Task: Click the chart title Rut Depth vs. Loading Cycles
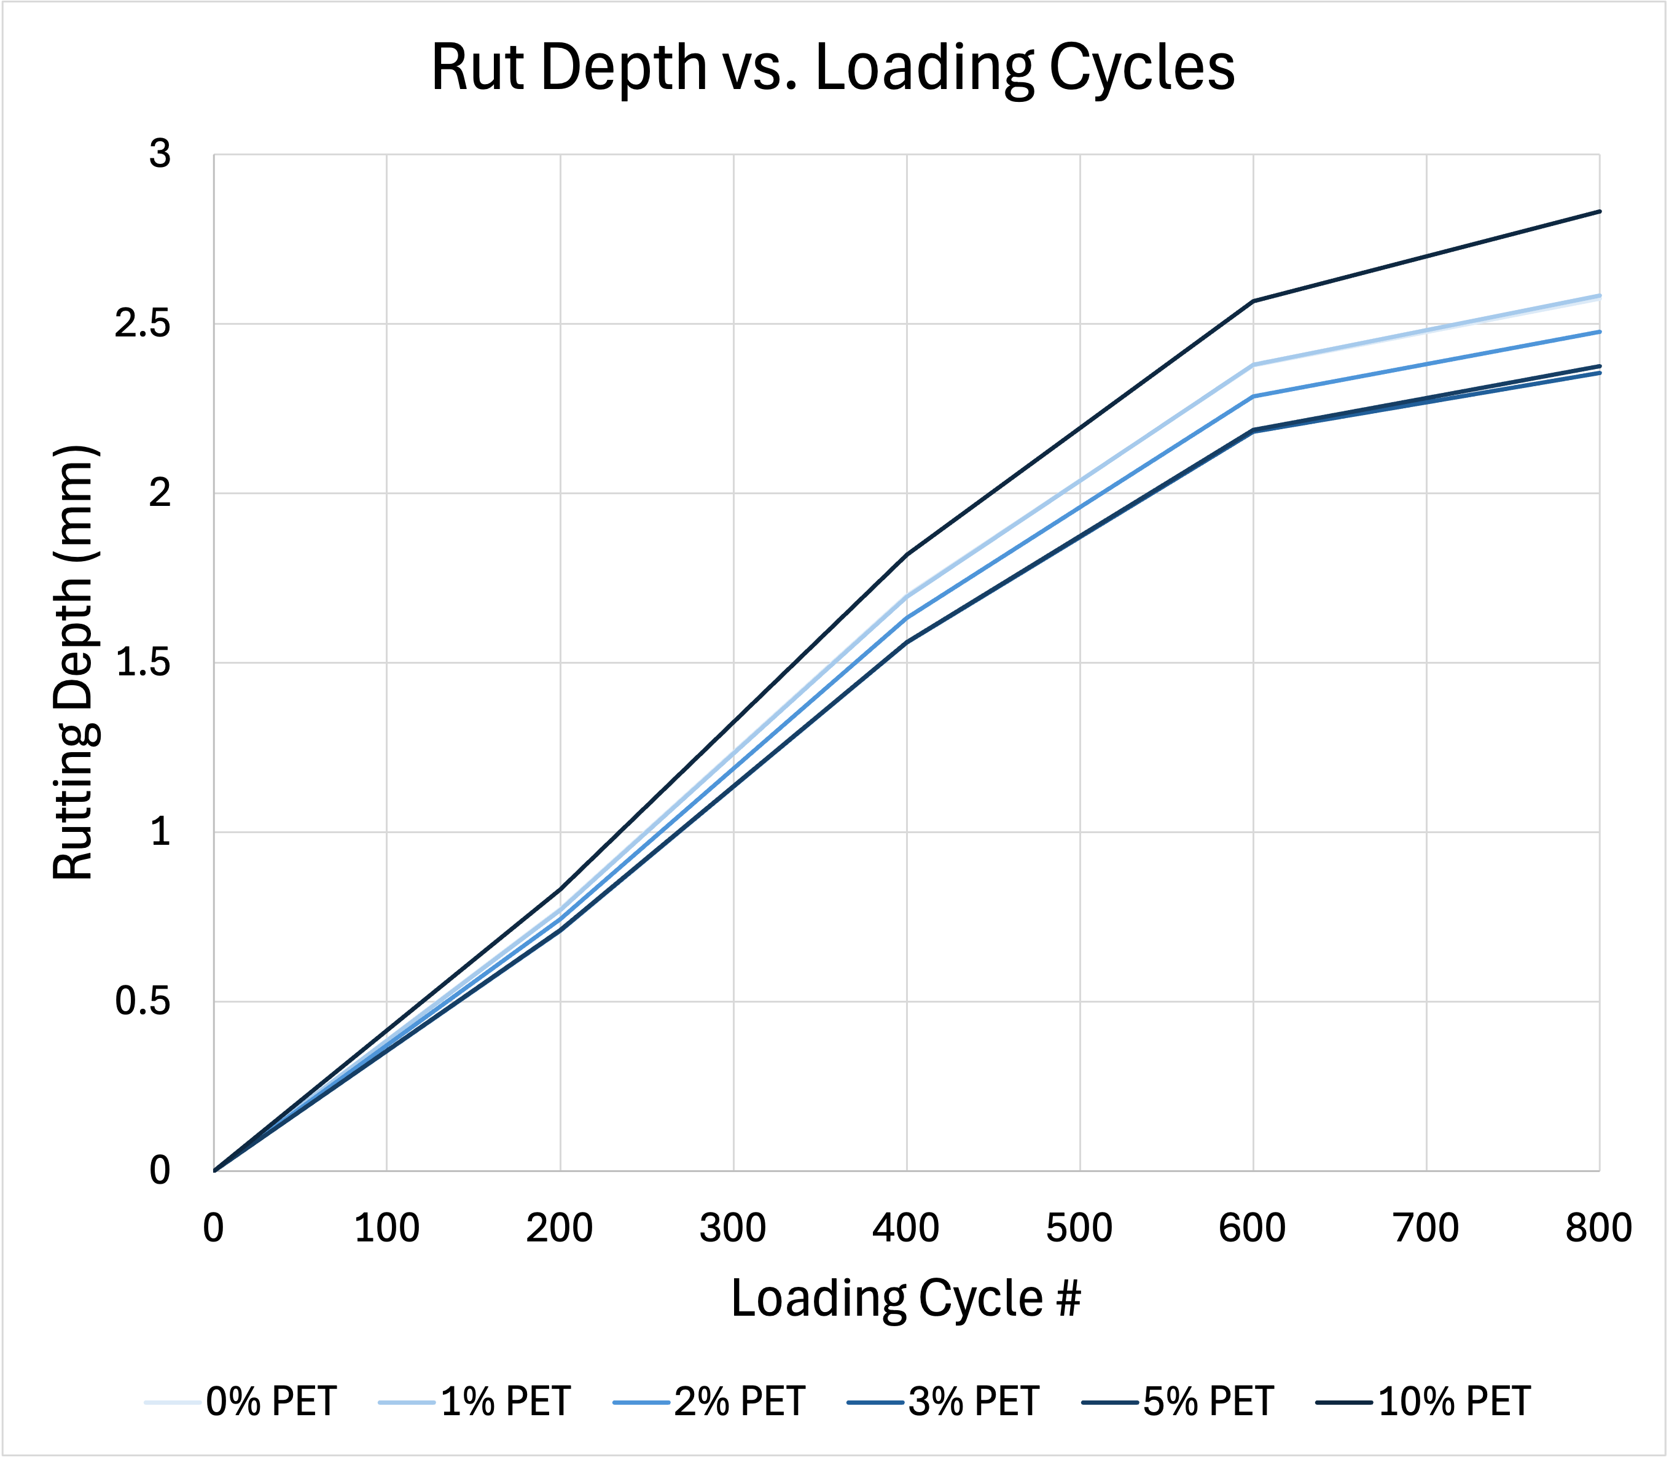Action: pos(833,68)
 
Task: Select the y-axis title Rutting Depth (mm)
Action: pos(75,662)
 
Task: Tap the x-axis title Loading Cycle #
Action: pos(905,1298)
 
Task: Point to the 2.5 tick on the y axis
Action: pos(143,324)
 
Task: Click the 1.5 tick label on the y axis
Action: pos(143,663)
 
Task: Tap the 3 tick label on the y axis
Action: pos(160,154)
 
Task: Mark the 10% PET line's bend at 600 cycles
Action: pos(1253,301)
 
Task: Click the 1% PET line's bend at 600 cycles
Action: pos(1253,364)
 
